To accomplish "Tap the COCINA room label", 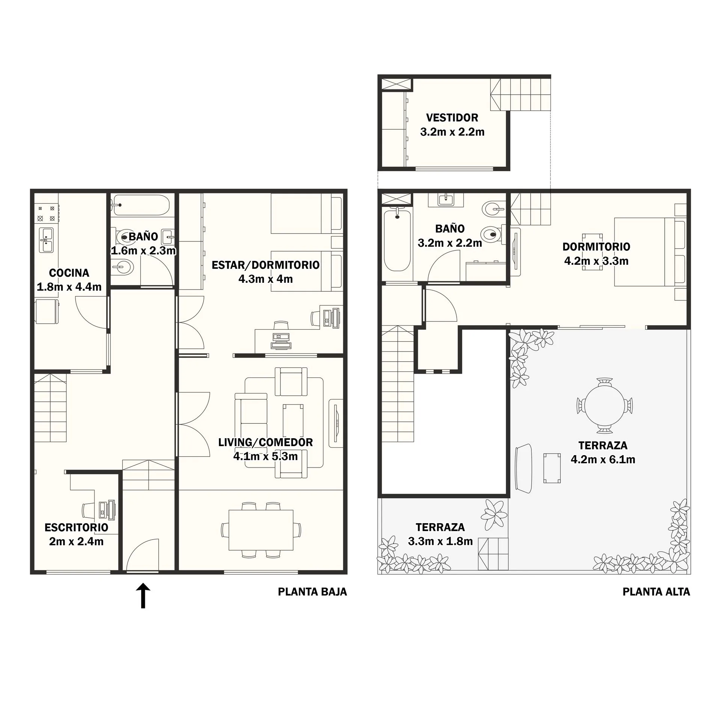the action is [69, 273].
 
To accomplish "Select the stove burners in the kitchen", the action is [47, 213].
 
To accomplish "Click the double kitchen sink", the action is [47, 240].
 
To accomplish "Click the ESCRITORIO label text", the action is [76, 527].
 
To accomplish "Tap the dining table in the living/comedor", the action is [261, 530].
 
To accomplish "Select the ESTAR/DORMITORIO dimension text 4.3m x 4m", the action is [265, 279].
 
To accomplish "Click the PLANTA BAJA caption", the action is [312, 592].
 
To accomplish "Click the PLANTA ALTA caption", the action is [656, 592].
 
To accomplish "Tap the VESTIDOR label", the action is [452, 118].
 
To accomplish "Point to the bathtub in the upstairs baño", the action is [397, 240].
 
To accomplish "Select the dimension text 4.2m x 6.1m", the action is [603, 459].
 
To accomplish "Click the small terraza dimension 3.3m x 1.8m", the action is [440, 542].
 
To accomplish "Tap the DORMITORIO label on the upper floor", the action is [596, 247].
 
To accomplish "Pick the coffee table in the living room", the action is [293, 421].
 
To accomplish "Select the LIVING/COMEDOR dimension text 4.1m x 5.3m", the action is [265, 456].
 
